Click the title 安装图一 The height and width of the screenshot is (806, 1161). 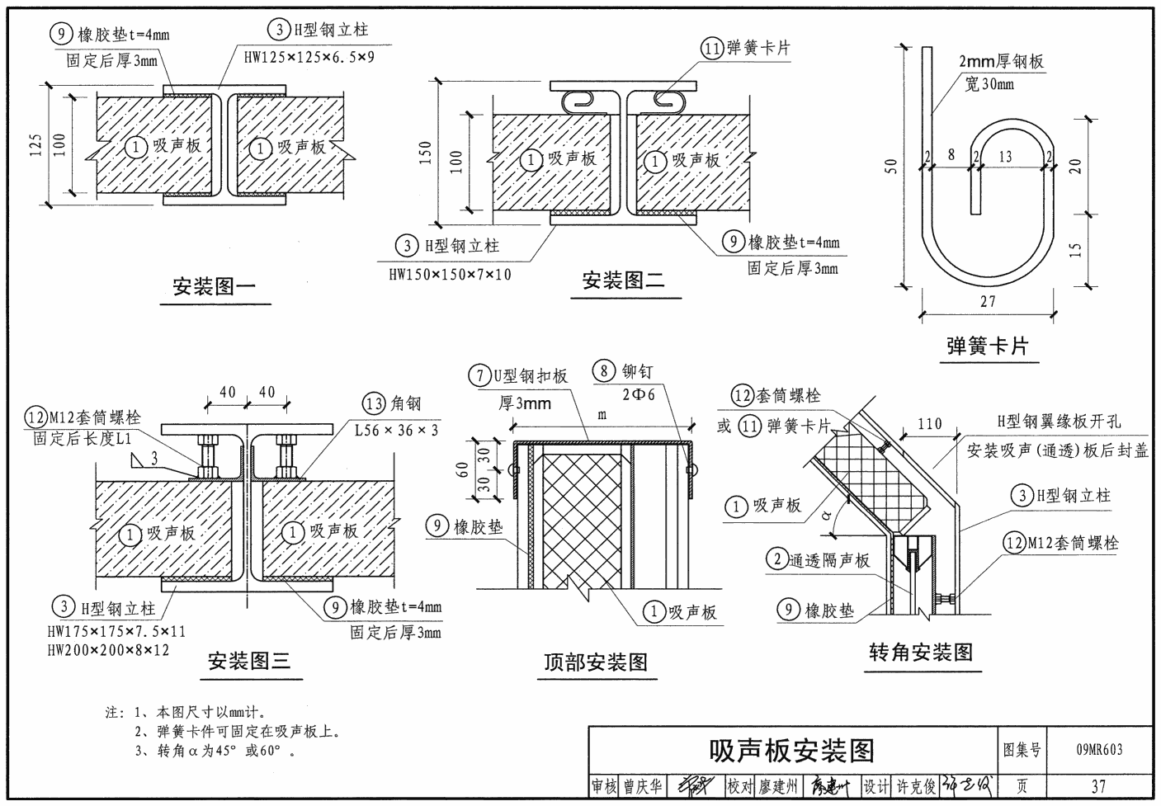[214, 287]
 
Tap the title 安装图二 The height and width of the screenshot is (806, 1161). [623, 280]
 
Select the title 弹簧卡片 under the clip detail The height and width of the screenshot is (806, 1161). [987, 346]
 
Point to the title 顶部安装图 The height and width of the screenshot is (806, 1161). [595, 662]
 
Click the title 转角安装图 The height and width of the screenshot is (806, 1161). [921, 653]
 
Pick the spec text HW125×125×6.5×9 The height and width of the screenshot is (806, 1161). [309, 58]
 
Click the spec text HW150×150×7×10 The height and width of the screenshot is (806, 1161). [450, 275]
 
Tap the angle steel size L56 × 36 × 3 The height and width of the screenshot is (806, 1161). [396, 430]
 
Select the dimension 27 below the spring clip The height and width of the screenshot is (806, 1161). [988, 302]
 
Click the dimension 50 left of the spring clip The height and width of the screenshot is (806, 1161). [890, 166]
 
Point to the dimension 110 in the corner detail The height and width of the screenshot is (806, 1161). [929, 424]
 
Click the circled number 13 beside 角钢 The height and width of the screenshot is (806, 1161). [374, 403]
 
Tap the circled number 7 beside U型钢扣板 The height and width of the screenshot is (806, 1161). [480, 376]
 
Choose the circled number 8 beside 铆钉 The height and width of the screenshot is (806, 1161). [605, 371]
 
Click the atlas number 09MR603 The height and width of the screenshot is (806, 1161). [1099, 749]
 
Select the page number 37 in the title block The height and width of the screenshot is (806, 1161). [1098, 786]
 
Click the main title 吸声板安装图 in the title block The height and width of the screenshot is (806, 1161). [791, 751]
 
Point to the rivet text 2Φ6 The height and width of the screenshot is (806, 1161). [638, 395]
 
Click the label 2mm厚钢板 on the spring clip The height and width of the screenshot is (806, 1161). [1001, 61]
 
